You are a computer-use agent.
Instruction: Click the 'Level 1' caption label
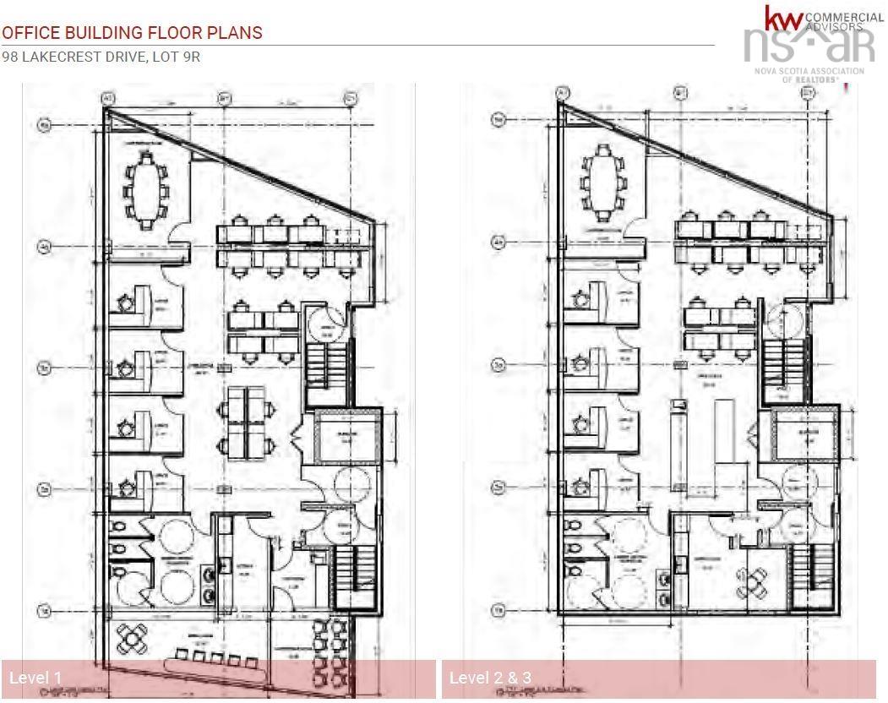click(x=35, y=678)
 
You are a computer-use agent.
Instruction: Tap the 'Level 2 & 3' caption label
click(x=491, y=678)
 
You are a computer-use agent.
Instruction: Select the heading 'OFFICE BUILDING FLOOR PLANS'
click(x=132, y=33)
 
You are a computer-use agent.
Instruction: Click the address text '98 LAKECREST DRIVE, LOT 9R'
click(x=101, y=57)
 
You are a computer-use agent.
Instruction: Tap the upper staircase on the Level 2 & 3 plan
click(x=782, y=360)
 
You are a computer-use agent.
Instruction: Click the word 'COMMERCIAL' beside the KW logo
click(x=845, y=17)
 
